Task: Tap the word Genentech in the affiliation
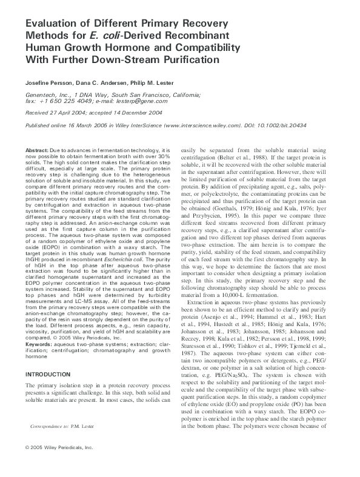(44, 95)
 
